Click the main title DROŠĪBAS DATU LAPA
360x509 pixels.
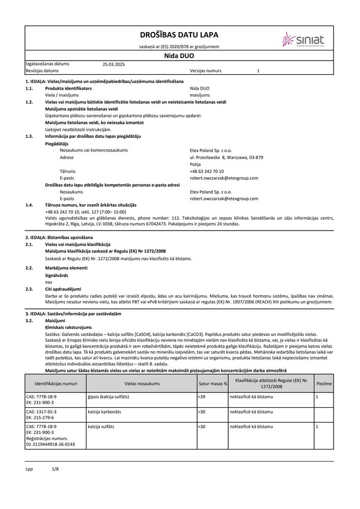pos(179,35)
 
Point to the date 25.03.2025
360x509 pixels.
pos(114,64)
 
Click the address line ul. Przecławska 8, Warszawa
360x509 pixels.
pos(226,158)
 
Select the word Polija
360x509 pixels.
pos(195,165)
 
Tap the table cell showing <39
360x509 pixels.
pos(202,396)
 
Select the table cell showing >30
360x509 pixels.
pos(202,411)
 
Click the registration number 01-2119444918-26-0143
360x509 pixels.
pos(50,444)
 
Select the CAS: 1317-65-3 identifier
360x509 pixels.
pos(41,411)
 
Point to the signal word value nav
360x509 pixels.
pos(48,281)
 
